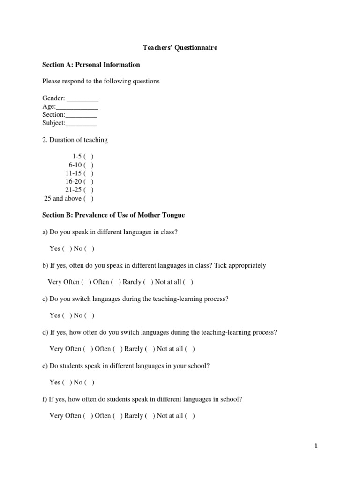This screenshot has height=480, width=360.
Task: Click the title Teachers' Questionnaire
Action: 180,48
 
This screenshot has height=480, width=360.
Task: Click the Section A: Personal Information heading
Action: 91,65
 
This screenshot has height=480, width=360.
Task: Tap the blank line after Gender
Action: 82,98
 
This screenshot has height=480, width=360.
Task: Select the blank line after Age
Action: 77,107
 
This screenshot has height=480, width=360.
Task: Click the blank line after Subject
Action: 81,123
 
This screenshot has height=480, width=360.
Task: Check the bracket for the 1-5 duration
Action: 89,157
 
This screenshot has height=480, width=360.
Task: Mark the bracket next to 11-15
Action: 89,173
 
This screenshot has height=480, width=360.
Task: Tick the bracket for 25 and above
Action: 89,198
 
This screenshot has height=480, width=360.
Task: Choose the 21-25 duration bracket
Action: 89,190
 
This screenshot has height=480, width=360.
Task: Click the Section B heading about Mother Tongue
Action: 113,215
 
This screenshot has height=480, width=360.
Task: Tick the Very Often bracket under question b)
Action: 86,282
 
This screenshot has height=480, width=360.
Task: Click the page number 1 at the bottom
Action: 316,446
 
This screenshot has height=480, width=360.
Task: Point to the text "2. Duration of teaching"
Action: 75,140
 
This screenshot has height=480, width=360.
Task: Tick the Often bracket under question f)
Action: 117,416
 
